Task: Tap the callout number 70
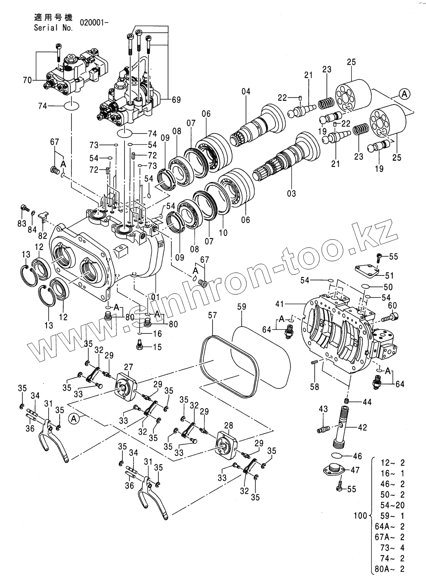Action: point(27,80)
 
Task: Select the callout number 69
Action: point(176,99)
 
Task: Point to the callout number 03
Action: point(291,193)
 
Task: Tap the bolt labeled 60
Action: point(394,316)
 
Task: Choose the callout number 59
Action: point(242,304)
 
